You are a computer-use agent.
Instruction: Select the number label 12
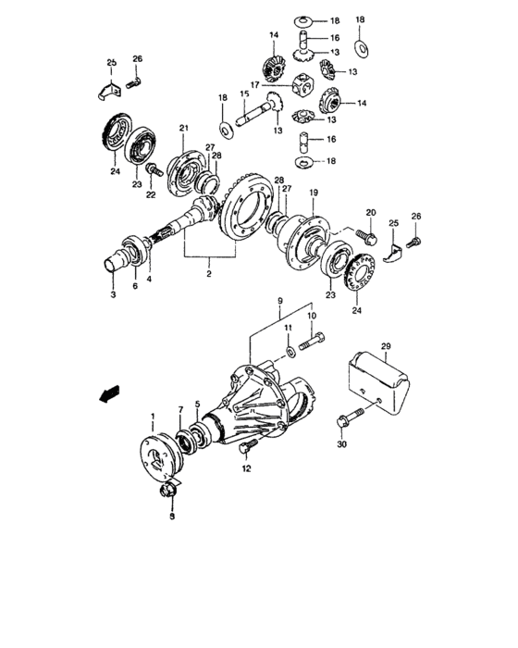[x=246, y=469]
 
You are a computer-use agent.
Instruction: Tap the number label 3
[x=113, y=294]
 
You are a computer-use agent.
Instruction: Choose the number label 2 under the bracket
[x=209, y=274]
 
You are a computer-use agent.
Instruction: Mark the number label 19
[x=313, y=193]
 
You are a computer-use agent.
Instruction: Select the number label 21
[x=183, y=127]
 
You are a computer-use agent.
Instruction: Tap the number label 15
[x=245, y=93]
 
